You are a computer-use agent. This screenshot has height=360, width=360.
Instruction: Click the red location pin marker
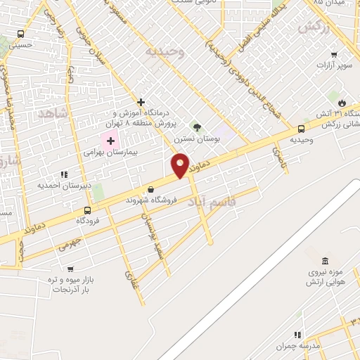point(181,165)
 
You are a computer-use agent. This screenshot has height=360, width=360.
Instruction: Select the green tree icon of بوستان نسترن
point(197,128)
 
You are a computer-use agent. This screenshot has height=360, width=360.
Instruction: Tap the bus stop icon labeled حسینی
point(20,34)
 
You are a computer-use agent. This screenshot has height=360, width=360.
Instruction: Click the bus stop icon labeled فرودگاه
point(87,210)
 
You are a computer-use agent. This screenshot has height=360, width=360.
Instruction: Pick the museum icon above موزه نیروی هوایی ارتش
point(325,260)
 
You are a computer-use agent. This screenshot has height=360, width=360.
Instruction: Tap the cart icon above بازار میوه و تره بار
point(70,268)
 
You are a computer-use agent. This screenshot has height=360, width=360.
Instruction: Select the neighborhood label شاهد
point(51,112)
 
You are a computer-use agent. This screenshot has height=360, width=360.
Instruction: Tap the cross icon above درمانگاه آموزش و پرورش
point(141,102)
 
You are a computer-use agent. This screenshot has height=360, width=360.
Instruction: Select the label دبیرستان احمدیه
point(56,186)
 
